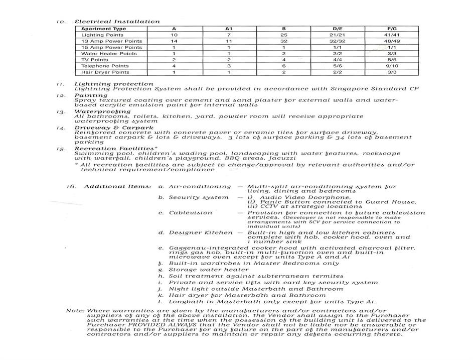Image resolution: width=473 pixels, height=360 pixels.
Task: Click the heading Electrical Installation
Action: click(117, 22)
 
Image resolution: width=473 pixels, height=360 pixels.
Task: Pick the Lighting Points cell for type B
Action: click(283, 35)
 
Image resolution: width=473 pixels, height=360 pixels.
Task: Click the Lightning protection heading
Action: click(114, 84)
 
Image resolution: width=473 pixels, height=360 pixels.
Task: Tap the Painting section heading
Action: click(91, 95)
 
